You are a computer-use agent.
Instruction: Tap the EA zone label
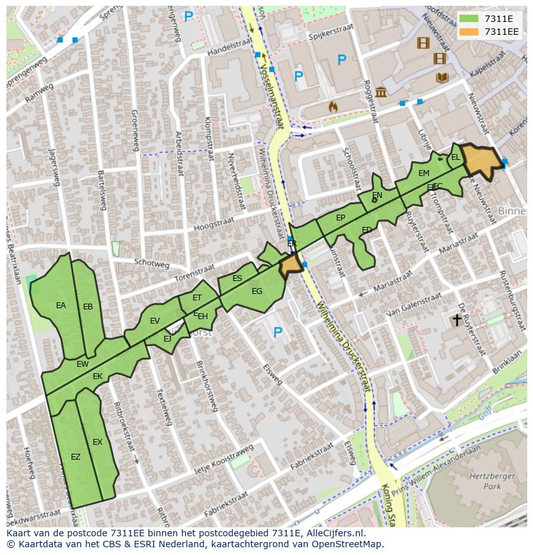pyautogui.click(x=61, y=306)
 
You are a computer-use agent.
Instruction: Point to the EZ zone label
pyautogui.click(x=75, y=457)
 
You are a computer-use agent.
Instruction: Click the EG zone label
pyautogui.click(x=257, y=291)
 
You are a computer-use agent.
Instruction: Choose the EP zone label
pyautogui.click(x=341, y=218)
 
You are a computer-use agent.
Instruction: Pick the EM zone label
pyautogui.click(x=424, y=173)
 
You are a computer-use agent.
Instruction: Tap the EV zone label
pyautogui.click(x=154, y=321)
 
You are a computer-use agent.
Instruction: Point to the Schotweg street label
pyautogui.click(x=152, y=263)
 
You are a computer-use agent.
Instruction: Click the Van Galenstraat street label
pyautogui.click(x=413, y=304)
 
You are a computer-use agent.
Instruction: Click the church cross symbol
pyautogui.click(x=457, y=319)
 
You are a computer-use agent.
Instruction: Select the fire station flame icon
pyautogui.click(x=333, y=106)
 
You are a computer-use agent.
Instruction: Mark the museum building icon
pyautogui.click(x=381, y=92)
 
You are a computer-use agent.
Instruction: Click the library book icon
pyautogui.click(x=442, y=78)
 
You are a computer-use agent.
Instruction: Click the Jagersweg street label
pyautogui.click(x=53, y=167)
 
